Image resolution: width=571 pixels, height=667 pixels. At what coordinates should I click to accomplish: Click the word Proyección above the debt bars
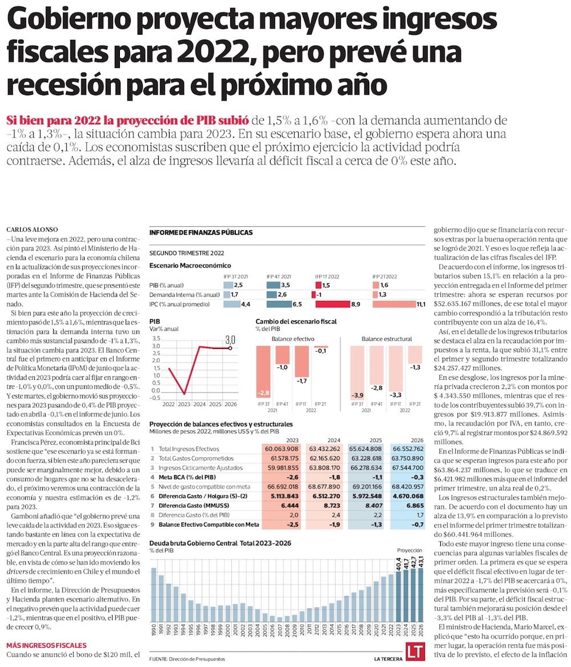(409, 549)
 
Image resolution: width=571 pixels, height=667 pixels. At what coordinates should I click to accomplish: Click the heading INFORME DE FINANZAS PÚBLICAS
(200, 233)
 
